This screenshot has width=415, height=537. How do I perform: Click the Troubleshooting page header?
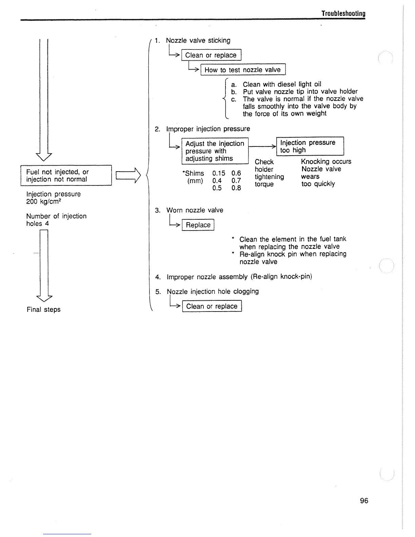click(343, 14)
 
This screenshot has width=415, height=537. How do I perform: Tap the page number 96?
click(364, 500)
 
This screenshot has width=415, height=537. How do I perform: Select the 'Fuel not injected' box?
click(66, 175)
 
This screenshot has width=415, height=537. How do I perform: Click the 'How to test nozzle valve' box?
click(243, 70)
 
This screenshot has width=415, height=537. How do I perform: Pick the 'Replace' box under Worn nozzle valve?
click(198, 225)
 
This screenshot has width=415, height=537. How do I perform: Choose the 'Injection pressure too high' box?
click(310, 146)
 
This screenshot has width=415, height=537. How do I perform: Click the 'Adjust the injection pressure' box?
click(215, 151)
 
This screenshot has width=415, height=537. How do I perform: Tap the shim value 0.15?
click(219, 173)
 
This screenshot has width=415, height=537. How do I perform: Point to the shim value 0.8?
click(236, 188)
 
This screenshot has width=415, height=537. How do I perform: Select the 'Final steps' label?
click(43, 310)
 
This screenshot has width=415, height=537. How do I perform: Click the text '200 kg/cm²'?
click(43, 202)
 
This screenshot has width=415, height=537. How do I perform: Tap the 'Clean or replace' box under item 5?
click(212, 306)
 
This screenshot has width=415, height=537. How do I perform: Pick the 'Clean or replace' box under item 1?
click(211, 55)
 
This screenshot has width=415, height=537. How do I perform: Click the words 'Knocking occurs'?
click(326, 161)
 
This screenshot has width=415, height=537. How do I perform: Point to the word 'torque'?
click(264, 184)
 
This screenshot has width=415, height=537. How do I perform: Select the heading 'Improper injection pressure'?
click(208, 129)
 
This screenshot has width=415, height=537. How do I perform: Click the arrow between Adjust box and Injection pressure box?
click(263, 146)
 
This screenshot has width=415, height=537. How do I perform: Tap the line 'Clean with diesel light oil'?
click(282, 84)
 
